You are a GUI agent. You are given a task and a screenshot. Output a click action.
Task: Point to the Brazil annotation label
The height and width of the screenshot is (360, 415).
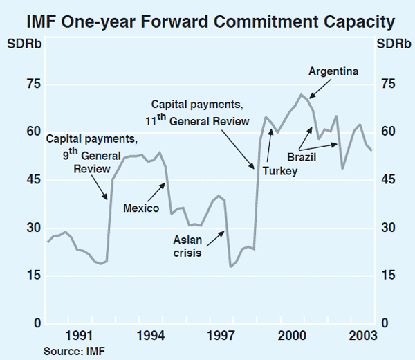click(x=301, y=157)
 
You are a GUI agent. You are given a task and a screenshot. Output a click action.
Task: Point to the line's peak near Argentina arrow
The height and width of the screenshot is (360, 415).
click(x=301, y=94)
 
